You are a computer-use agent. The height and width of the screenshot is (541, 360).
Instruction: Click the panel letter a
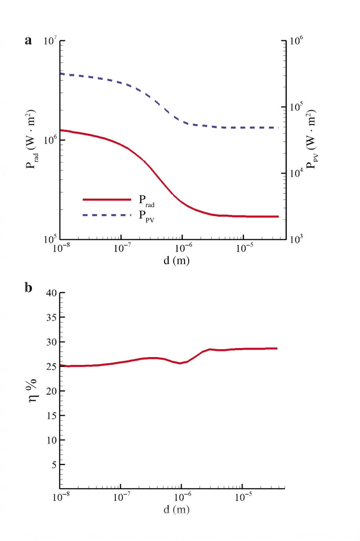click(28, 41)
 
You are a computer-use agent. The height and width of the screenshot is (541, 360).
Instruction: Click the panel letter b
click(28, 288)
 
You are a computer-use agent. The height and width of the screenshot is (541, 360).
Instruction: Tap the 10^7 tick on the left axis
click(50, 41)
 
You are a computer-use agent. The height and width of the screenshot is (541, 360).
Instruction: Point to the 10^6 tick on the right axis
click(296, 41)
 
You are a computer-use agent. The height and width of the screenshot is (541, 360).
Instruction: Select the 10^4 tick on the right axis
click(296, 173)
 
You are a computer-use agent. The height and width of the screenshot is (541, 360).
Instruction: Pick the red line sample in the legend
click(107, 199)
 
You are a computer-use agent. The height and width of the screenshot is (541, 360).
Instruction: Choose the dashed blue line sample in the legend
click(107, 215)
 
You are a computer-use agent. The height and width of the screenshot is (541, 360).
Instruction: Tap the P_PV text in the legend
click(146, 216)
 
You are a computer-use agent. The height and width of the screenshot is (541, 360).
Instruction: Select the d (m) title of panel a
click(176, 260)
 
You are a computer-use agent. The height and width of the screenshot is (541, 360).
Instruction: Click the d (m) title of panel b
click(176, 509)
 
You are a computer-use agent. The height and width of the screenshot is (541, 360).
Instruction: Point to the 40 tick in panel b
click(51, 293)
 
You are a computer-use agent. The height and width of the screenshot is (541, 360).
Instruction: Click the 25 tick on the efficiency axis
click(51, 367)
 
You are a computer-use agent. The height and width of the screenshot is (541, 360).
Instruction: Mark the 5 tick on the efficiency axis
click(54, 465)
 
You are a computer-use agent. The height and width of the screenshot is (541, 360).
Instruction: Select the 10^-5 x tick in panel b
click(244, 497)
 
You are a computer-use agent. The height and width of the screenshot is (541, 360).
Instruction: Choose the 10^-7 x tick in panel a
click(122, 248)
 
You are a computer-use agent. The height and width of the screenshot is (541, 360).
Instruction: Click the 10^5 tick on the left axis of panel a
click(50, 239)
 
